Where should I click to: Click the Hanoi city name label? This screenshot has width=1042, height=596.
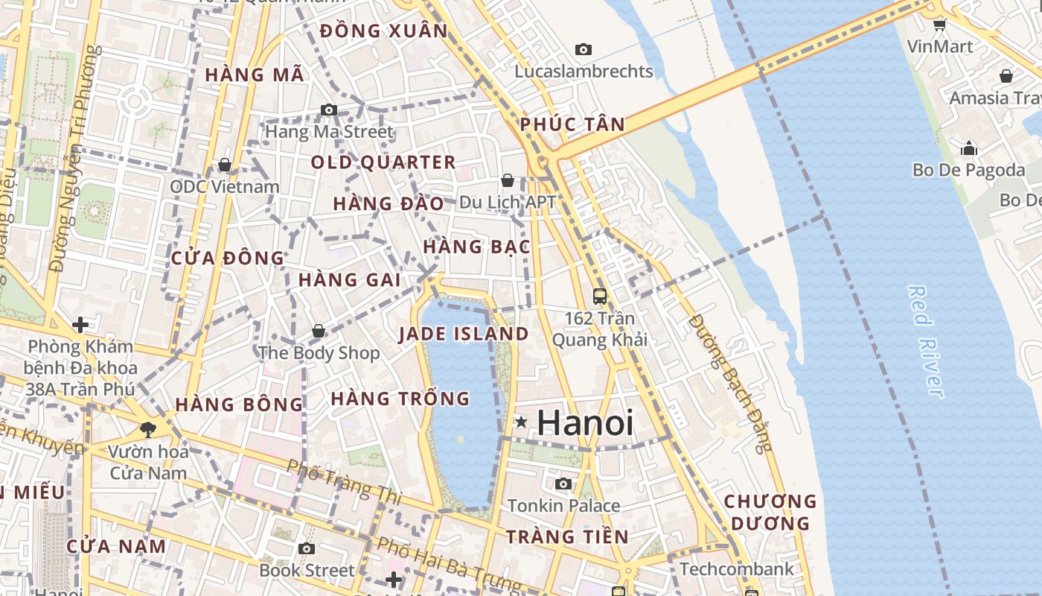point(585,423)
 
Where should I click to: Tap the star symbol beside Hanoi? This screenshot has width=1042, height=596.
point(521,422)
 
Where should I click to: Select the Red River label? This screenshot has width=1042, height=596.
point(926,341)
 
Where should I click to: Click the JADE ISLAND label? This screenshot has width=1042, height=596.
point(464,334)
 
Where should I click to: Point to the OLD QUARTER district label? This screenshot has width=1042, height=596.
point(383,162)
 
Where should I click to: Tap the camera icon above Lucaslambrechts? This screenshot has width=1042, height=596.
point(584,50)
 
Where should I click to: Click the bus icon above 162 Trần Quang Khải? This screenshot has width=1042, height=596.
point(600,296)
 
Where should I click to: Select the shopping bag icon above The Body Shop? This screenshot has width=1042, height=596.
point(319,330)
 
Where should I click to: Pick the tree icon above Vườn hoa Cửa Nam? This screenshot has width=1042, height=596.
point(148,428)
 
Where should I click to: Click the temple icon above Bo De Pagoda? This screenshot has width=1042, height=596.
point(968,148)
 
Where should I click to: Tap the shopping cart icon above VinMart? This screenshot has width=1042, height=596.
point(939,25)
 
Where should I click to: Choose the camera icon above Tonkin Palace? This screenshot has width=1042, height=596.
point(563,484)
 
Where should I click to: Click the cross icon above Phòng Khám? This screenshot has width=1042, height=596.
point(80,324)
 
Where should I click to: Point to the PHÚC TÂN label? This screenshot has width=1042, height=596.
point(572,124)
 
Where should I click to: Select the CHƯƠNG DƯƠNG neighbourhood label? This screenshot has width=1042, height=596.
point(770,512)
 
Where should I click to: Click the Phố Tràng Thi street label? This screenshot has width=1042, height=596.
point(344,481)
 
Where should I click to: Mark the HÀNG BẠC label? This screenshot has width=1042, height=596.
point(476,246)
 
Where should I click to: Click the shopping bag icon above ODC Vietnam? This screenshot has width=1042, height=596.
point(225,165)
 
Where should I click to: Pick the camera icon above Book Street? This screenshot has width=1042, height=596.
point(306,549)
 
